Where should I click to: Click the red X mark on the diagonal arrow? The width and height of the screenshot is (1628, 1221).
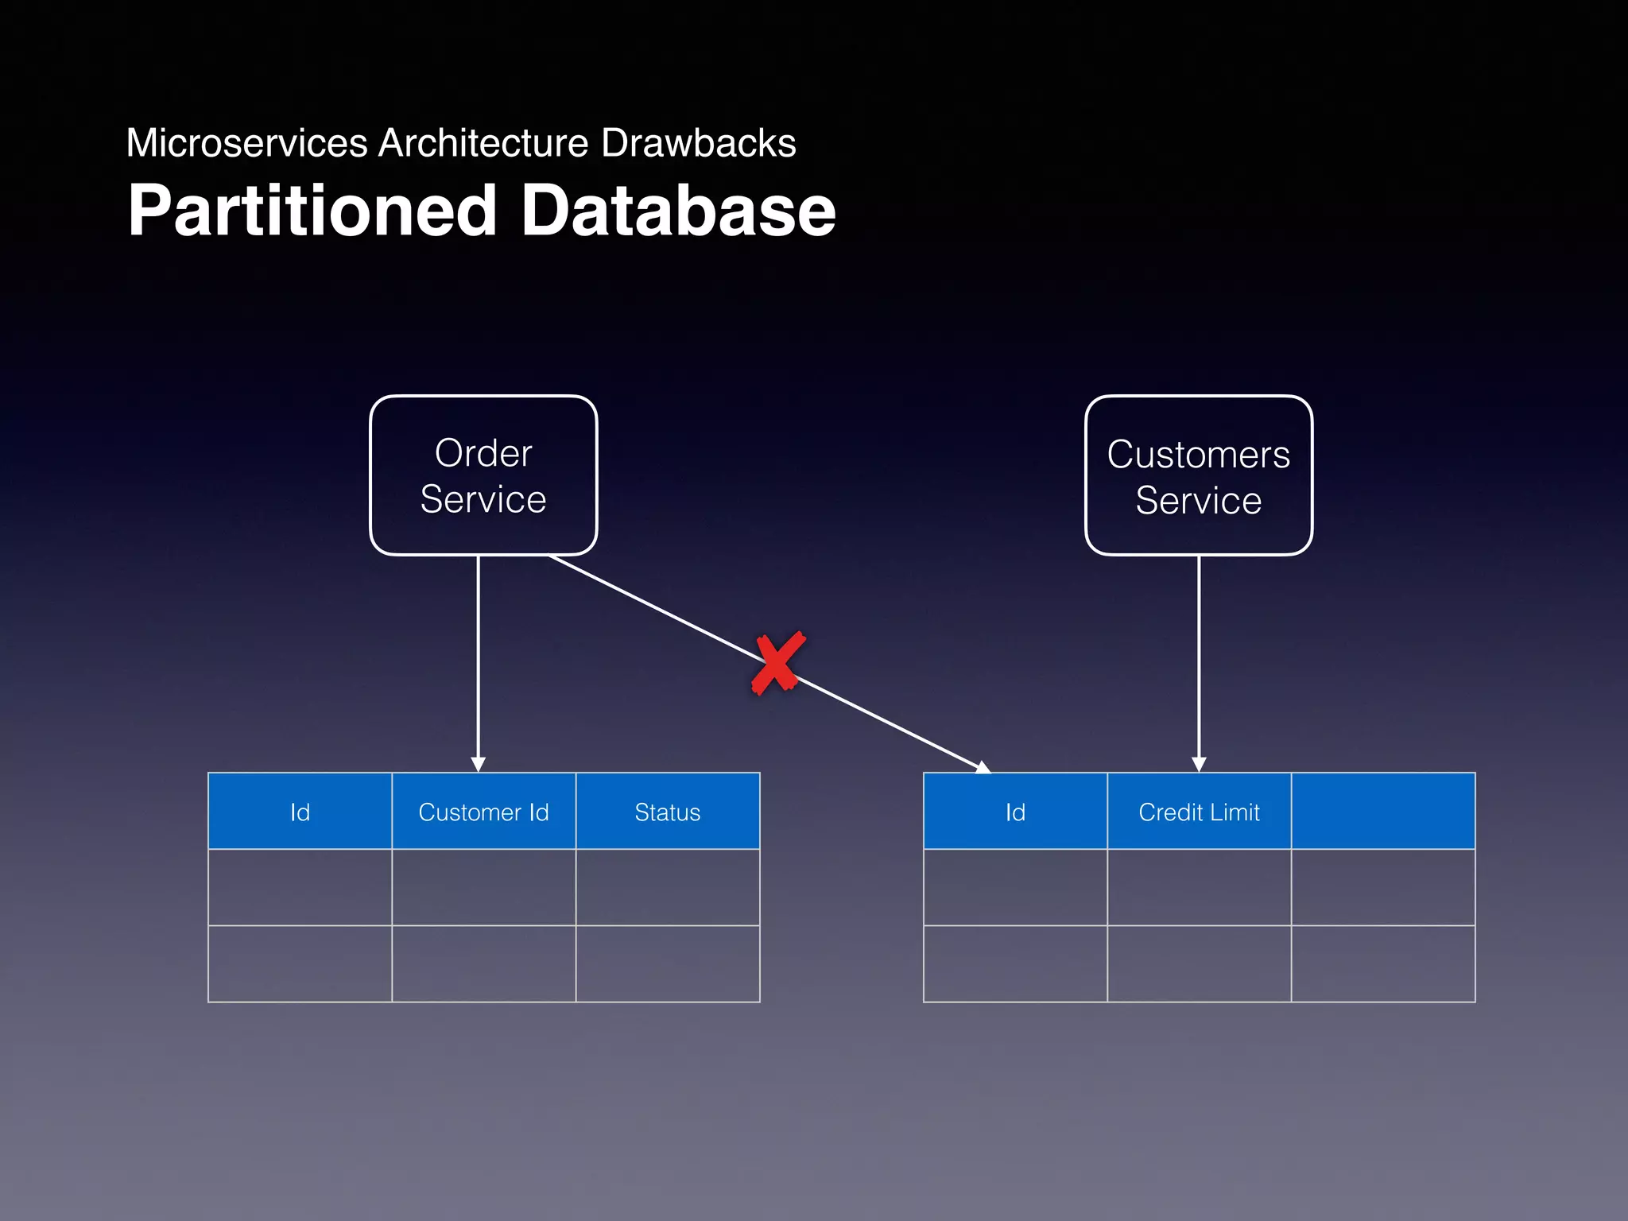(777, 663)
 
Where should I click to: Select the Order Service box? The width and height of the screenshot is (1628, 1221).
(483, 475)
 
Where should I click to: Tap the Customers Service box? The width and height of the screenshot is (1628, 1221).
(1198, 475)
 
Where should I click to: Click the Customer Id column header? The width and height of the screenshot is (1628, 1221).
(483, 812)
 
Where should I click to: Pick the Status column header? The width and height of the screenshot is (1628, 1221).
(667, 812)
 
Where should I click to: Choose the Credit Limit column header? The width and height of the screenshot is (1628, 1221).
(1199, 812)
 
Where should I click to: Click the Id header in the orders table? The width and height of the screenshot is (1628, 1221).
(300, 812)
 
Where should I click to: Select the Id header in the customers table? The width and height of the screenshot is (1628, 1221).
(1015, 812)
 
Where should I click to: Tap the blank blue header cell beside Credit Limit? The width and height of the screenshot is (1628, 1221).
(1382, 812)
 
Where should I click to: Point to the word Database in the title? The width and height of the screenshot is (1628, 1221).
(677, 211)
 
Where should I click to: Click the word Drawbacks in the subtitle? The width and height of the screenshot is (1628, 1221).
(698, 144)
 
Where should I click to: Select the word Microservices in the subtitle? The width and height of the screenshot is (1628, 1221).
(246, 144)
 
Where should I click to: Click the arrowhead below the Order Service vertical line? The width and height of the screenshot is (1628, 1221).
(478, 764)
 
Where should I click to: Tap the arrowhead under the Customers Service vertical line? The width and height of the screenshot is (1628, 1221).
(1199, 764)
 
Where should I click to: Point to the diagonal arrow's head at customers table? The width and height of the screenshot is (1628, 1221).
(983, 767)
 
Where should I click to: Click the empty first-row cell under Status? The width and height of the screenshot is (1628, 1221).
(667, 887)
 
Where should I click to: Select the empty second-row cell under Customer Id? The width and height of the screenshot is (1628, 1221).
(483, 963)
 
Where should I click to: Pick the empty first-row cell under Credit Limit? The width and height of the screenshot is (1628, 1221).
(1199, 887)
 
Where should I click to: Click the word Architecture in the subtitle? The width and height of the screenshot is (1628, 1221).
(483, 144)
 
